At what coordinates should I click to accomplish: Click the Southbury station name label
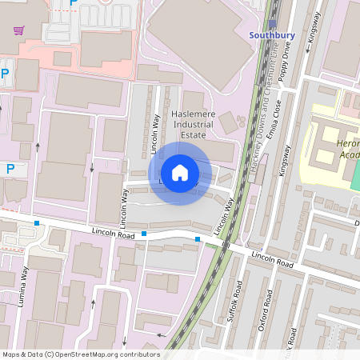point(272,35)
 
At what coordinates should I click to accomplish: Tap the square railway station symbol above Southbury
point(273,24)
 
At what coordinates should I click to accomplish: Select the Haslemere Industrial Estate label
point(194,125)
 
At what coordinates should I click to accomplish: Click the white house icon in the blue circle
point(179,173)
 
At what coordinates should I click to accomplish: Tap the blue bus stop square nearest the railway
point(198,238)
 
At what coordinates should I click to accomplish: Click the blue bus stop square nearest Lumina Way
point(37,222)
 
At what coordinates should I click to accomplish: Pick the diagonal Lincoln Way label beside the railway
point(225,216)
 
